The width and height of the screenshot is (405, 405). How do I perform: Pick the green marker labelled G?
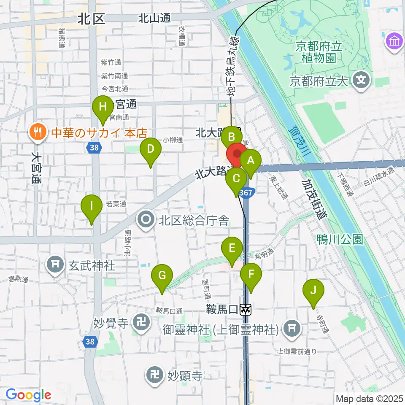pos(162,277)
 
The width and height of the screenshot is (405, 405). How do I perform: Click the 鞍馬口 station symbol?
pos(246,310)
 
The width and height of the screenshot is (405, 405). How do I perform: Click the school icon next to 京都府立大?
pos(362,79)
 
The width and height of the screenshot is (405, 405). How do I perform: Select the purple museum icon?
pos(395,42)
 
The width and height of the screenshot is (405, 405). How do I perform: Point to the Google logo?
pos(28,394)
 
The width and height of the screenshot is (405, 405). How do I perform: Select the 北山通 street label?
pos(154,18)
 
